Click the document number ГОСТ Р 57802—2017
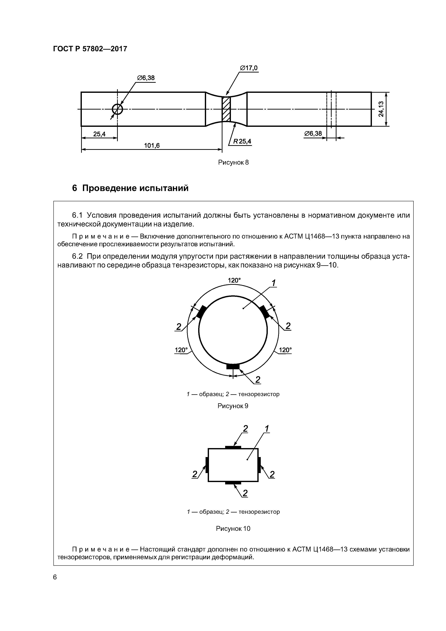[90, 49]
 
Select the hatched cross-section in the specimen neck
[226, 109]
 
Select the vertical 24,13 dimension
[381, 109]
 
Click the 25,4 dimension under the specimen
[99, 134]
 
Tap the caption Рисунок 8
[233, 162]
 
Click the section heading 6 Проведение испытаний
[130, 188]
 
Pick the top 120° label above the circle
[234, 280]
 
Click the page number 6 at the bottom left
[55, 577]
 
